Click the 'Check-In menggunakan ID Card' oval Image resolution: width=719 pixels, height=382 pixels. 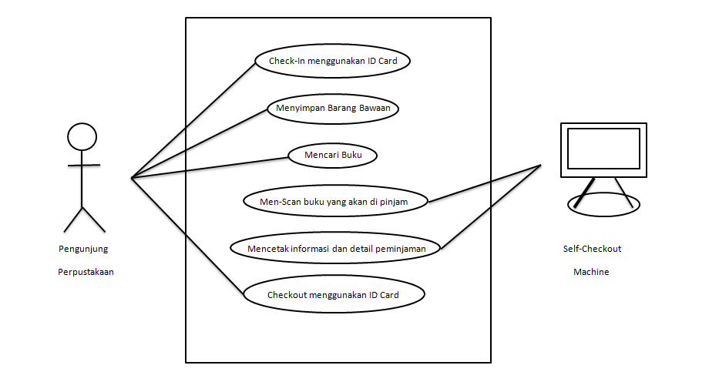click(x=332, y=61)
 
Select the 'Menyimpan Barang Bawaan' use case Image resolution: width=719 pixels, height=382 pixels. click(x=333, y=108)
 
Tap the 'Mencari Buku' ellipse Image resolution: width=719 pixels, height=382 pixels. click(x=332, y=155)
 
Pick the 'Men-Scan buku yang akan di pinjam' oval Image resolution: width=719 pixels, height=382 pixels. click(x=334, y=202)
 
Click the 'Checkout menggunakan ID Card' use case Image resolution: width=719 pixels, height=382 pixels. click(x=333, y=295)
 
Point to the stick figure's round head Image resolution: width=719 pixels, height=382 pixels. click(x=82, y=137)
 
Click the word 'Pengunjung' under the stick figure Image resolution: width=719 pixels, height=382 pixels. click(x=83, y=249)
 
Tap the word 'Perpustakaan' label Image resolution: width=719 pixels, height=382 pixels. click(x=86, y=272)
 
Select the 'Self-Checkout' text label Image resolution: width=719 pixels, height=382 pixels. click(x=592, y=249)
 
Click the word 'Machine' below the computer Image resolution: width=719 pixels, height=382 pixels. click(x=591, y=272)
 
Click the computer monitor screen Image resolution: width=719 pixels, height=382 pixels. click(x=603, y=149)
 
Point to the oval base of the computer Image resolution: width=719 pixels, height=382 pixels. click(x=604, y=204)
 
